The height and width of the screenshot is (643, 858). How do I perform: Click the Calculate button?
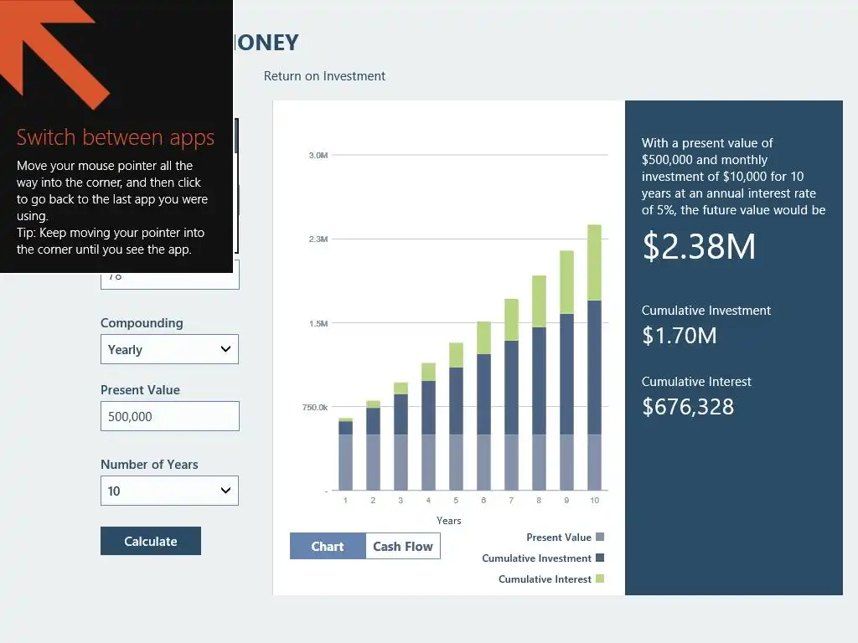pos(151,541)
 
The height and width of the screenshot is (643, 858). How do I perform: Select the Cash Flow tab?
pos(402,547)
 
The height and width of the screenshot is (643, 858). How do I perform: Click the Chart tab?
pos(328,547)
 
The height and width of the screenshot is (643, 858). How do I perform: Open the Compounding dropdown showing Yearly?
pos(169,349)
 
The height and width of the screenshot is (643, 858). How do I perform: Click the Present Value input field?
pos(169,416)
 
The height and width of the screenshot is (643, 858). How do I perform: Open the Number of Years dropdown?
pos(169,491)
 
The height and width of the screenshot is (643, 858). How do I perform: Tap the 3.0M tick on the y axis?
pos(318,156)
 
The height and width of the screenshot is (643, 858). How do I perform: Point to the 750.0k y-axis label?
pos(315,408)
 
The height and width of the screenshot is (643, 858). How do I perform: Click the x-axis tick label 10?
pos(595,501)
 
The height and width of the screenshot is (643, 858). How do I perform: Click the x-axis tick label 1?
pos(345,501)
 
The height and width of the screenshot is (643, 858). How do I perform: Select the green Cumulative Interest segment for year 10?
pos(595,262)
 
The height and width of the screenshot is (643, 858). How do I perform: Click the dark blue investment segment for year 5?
pos(456,400)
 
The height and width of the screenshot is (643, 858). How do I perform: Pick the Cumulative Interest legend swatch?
pos(599,579)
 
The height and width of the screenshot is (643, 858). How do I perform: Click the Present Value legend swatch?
pos(599,538)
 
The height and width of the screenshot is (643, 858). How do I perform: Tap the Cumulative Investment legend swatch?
pos(599,558)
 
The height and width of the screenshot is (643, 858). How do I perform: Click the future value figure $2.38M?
pos(699,247)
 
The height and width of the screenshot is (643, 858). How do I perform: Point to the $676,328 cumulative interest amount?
pos(688,407)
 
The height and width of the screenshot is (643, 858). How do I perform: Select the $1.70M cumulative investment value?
pos(680,336)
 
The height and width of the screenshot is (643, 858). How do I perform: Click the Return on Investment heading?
pos(324,76)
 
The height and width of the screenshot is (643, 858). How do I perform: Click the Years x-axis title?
pos(449,521)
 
